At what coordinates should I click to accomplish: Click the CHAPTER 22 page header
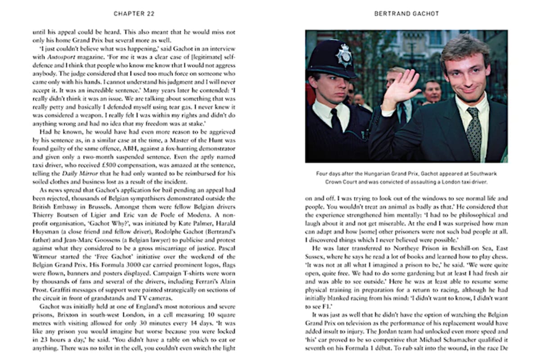coord(135,14)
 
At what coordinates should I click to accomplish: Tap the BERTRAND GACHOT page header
coord(406,14)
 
